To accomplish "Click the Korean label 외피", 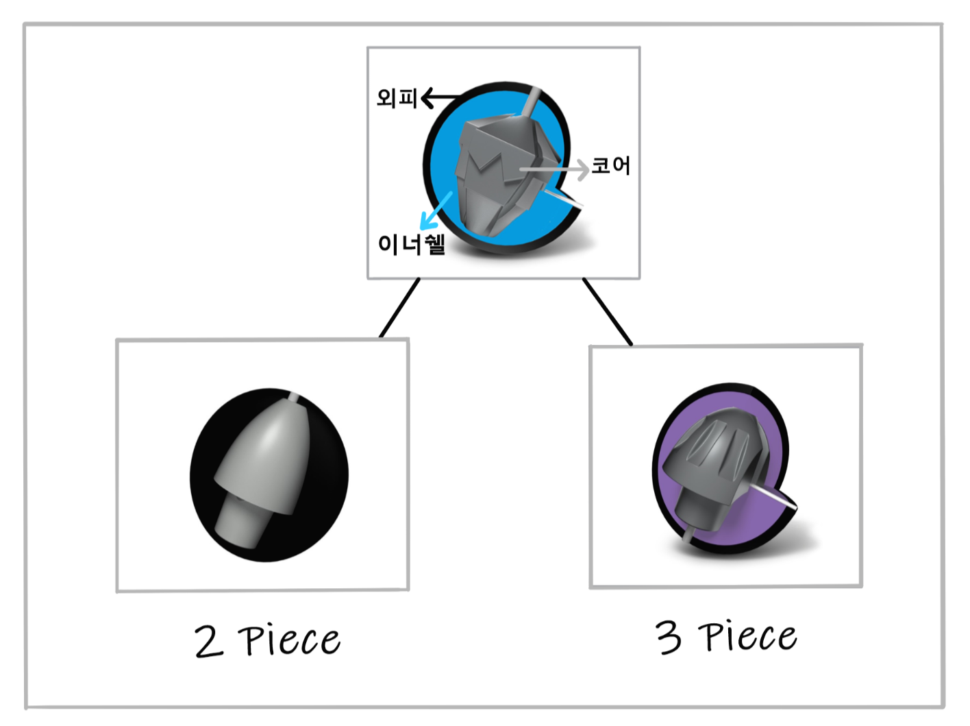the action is coord(397,98).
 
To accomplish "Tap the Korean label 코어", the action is coord(611,165).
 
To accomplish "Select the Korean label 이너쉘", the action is coord(412,243).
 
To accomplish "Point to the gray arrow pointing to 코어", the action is coord(555,169).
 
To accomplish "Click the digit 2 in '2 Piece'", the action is coord(208,642).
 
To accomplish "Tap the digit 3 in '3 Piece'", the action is coord(669,637).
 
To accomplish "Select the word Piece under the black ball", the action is coord(289,641).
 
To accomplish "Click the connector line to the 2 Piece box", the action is coord(399,308).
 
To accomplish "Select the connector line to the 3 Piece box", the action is coord(608,311).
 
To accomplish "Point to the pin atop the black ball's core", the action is coord(294,397).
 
